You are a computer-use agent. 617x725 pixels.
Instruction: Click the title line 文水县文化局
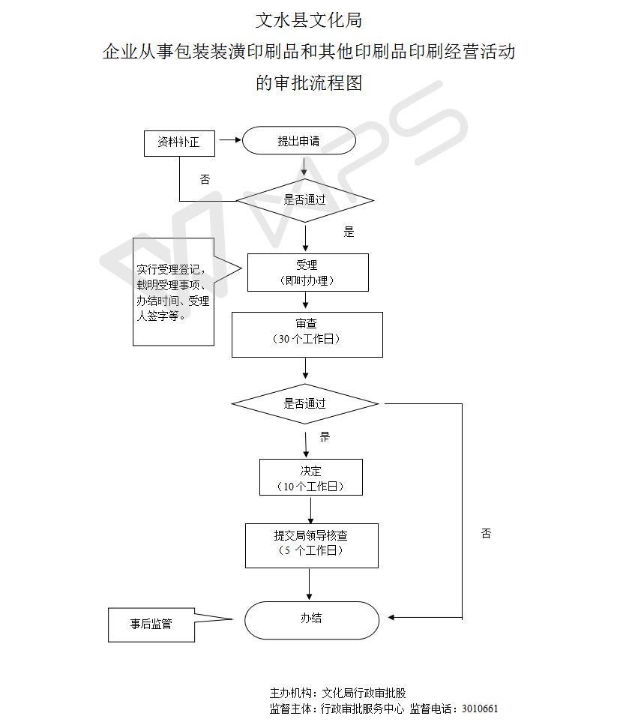308,20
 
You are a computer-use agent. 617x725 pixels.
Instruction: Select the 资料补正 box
179,142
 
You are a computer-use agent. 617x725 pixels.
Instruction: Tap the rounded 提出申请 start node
298,141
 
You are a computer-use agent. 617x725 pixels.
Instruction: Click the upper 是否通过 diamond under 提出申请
305,200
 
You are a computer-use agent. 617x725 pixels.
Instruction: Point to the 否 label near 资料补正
205,180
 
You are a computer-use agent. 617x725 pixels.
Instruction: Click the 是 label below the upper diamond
349,232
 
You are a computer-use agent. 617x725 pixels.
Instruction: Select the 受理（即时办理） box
307,272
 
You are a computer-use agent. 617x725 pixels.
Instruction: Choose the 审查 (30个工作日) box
307,334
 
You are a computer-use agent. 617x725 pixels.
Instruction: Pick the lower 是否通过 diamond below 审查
305,403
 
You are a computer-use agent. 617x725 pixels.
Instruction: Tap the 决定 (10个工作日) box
311,478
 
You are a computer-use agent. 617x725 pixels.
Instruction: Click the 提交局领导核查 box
311,545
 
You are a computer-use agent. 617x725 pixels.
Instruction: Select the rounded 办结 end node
312,619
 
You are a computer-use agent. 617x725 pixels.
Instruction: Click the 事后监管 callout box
151,624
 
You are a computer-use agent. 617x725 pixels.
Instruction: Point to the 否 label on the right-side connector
486,534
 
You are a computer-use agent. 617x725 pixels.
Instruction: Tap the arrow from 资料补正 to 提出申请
229,140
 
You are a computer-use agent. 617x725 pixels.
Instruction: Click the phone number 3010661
480,709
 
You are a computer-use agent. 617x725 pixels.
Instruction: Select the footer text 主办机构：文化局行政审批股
338,693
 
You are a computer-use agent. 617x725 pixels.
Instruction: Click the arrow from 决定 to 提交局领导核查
310,509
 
